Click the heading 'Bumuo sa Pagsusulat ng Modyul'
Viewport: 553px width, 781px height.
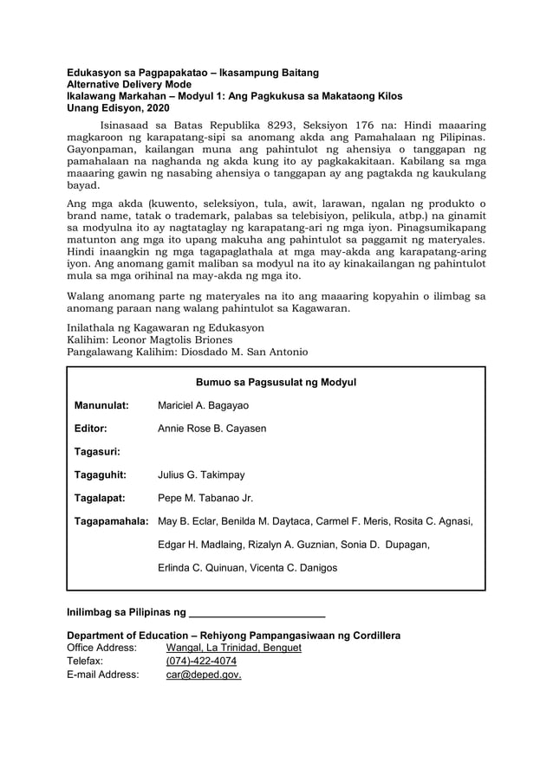click(x=276, y=382)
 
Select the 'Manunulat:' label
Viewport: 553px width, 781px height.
click(x=101, y=405)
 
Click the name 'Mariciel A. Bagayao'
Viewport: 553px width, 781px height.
click(x=203, y=405)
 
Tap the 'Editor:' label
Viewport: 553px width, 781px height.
click(x=90, y=429)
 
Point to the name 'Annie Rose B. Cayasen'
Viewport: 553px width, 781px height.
click(x=211, y=429)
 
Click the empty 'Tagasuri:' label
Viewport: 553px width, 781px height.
click(x=96, y=451)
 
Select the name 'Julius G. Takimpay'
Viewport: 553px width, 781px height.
click(x=201, y=474)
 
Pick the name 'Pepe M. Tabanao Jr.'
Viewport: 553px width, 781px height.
click(x=205, y=498)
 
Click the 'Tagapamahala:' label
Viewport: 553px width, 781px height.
click(x=111, y=521)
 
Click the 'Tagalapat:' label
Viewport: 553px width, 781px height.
click(x=100, y=498)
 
